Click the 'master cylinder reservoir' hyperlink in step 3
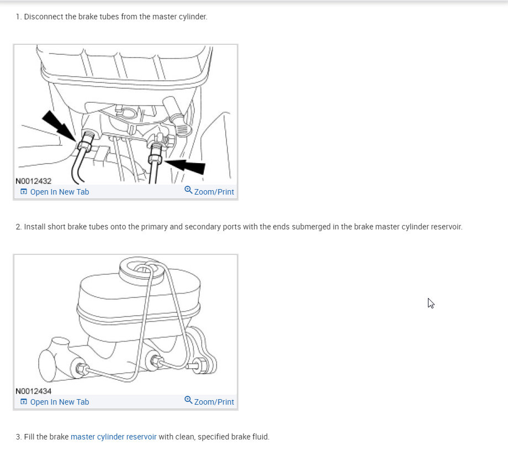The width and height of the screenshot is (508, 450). point(113,437)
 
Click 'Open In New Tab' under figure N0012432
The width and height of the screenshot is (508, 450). point(60,192)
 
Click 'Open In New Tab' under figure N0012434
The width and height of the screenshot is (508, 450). point(60,402)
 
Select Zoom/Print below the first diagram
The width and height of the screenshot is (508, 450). point(214,192)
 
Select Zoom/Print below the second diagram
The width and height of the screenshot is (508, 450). point(214,402)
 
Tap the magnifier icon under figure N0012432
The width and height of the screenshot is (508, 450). point(188,190)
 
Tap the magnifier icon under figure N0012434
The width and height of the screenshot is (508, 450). point(188,400)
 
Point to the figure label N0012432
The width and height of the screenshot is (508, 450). point(33,181)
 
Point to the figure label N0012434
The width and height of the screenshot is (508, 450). point(33,391)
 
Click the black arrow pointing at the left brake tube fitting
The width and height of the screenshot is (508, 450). point(59,126)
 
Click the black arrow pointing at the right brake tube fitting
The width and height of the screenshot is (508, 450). point(185,165)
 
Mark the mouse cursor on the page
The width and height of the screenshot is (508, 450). point(431,304)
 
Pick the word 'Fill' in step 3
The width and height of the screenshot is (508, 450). point(29,437)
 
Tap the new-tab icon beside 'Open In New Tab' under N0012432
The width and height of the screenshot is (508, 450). point(24,192)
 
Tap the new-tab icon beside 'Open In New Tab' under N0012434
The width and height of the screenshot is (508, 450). point(24,402)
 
